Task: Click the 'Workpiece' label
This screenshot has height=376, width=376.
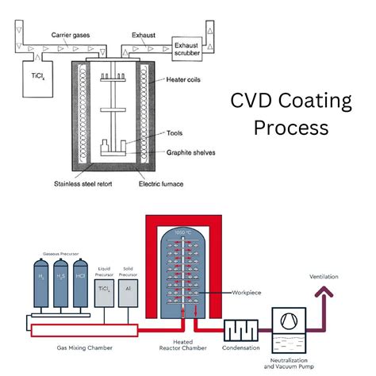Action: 248,293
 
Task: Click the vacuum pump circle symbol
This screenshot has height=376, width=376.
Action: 286,324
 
